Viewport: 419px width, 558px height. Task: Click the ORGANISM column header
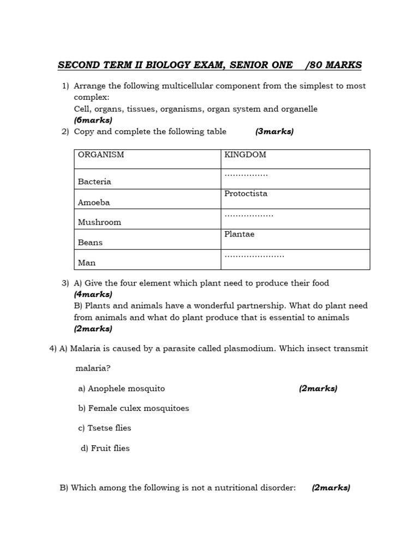101,155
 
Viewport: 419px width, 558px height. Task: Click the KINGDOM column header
245,155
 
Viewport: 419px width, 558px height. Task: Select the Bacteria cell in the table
94,181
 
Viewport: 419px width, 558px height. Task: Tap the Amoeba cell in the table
94,202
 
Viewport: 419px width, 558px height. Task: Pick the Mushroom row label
99,222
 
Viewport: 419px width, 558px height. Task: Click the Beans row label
90,242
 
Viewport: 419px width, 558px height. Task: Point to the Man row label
87,263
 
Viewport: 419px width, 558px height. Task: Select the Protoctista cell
246,193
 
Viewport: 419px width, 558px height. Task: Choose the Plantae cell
239,234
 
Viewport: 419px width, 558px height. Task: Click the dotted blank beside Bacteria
246,175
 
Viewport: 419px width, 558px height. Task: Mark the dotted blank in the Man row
254,256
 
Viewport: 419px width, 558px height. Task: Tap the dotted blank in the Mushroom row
249,215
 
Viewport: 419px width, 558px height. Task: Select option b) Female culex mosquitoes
134,408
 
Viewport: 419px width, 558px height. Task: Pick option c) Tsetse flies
105,428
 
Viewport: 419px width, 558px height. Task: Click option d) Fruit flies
105,448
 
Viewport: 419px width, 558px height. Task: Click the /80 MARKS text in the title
333,65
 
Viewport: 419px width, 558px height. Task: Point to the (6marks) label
93,120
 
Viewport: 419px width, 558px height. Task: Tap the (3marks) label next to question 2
274,131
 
